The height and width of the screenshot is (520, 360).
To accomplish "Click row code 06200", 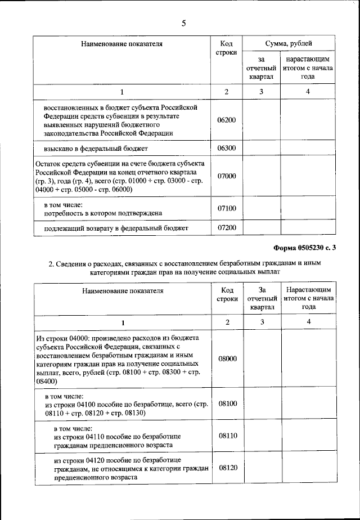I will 227,120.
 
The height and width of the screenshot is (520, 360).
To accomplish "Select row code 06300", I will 227,149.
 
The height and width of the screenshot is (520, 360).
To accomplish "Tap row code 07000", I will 227,176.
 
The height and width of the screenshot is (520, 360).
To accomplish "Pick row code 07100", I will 227,209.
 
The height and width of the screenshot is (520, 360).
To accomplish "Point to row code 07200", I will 227,228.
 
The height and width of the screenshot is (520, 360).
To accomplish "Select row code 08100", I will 227,404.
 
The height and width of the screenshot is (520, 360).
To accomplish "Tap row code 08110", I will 227,436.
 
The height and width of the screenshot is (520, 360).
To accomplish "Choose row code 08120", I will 227,468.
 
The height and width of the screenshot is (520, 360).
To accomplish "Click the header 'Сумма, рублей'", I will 289,44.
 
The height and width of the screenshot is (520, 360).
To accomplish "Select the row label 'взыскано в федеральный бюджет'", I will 92,149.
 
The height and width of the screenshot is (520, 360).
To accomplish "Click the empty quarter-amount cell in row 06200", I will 261,120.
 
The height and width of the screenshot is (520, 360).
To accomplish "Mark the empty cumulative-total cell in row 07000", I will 308,176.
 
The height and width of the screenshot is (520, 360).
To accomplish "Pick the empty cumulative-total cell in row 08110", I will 308,436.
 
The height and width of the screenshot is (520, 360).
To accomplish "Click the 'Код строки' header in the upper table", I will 227,48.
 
